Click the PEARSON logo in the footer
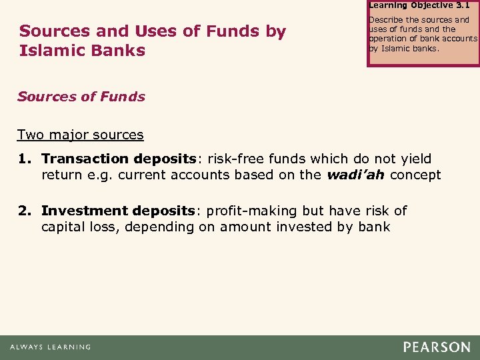point(437,347)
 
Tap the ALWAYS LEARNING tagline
point(51,347)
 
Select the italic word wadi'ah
point(357,175)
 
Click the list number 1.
point(29,159)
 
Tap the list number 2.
point(29,211)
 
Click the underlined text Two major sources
point(81,135)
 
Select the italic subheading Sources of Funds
point(81,97)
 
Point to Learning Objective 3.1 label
point(419,5)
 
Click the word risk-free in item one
point(233,159)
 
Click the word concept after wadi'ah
point(415,175)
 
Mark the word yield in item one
point(414,159)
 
